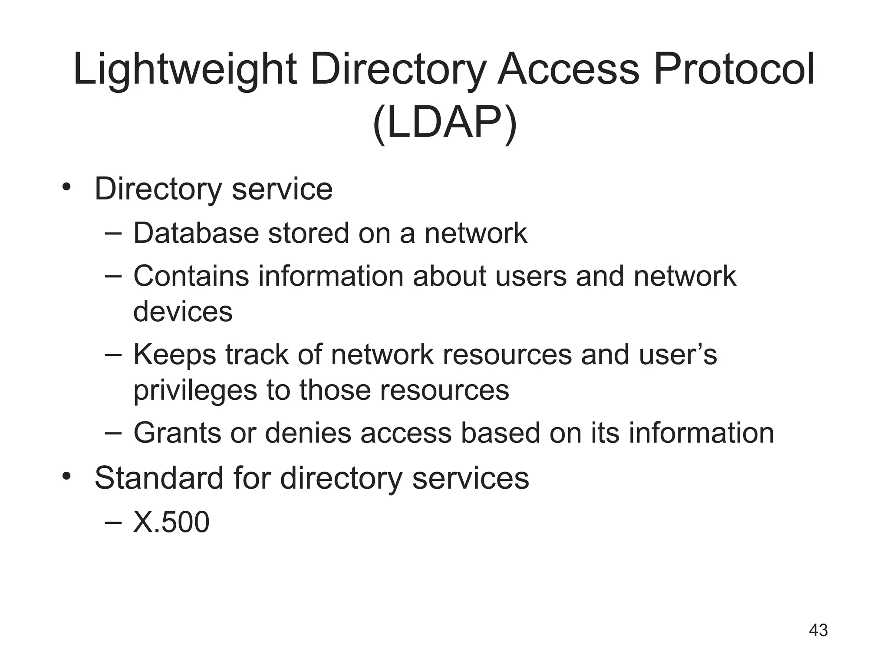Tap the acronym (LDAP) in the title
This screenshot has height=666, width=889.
point(444,123)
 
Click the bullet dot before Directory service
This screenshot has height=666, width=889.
point(66,187)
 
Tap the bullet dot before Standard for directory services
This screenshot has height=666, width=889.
point(66,476)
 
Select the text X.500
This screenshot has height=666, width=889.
point(171,522)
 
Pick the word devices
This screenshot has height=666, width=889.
point(183,311)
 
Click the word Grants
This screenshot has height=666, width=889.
point(177,433)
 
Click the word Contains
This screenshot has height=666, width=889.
point(191,276)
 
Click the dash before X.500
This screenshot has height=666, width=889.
point(113,522)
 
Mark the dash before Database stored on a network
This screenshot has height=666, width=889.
point(113,233)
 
